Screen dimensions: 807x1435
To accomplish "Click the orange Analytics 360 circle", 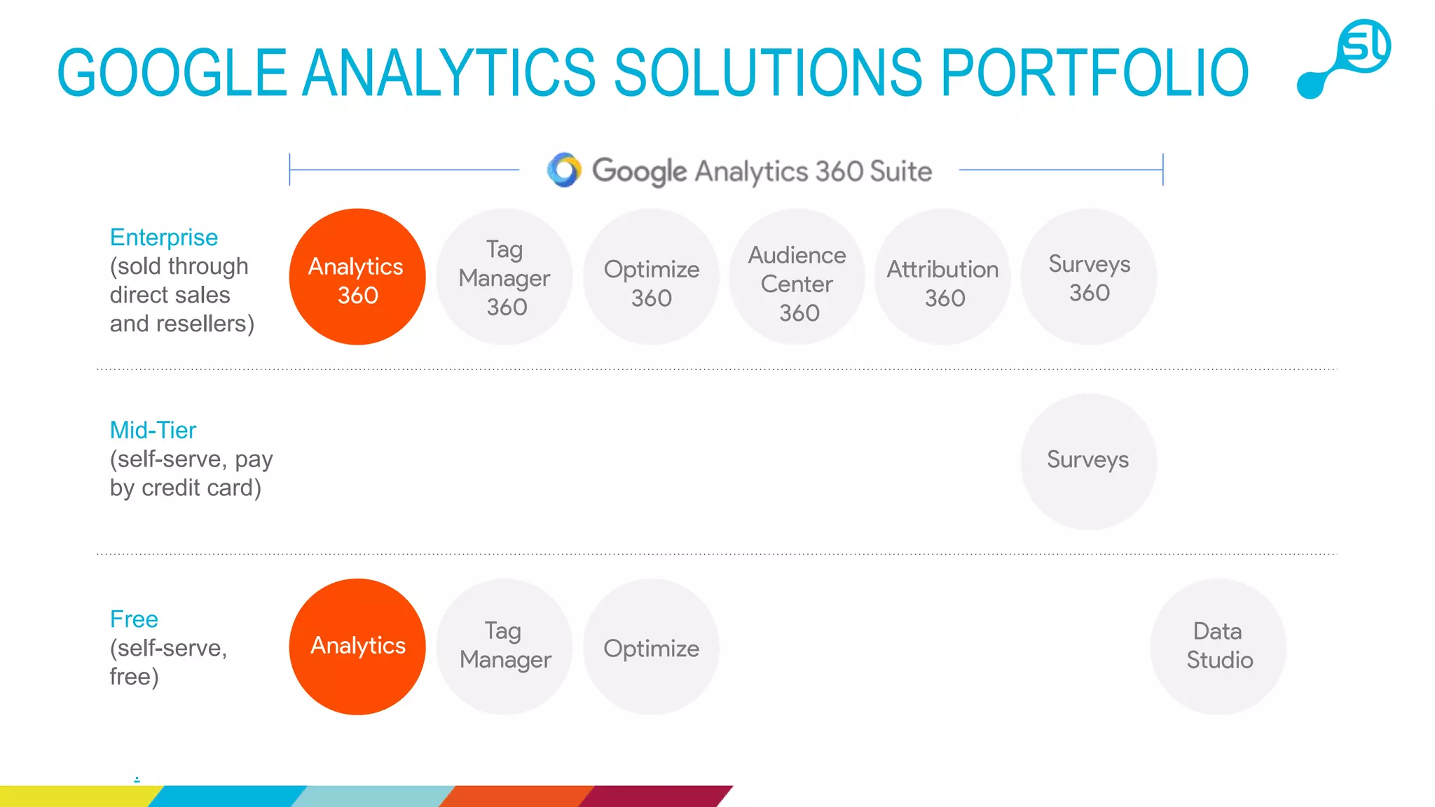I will tap(357, 277).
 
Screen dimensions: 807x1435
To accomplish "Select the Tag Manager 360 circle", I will tap(504, 277).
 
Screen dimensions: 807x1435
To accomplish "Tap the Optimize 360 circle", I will tap(651, 277).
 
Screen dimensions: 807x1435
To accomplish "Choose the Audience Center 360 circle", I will tap(797, 277).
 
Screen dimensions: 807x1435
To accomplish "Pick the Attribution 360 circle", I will tap(943, 277).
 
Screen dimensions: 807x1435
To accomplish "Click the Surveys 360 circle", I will tap(1089, 277).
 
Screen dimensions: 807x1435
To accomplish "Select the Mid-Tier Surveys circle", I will tap(1089, 462).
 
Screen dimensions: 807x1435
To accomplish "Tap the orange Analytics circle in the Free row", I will tap(357, 647).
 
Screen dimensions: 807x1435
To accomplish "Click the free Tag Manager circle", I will tap(504, 647).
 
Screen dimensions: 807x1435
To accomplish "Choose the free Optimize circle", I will tap(651, 647).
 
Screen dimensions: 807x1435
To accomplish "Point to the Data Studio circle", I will tap(1218, 647).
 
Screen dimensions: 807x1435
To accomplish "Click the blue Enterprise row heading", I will tap(164, 237).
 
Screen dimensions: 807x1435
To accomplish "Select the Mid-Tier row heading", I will tap(153, 430).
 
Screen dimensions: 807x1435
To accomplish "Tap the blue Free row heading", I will tap(134, 619).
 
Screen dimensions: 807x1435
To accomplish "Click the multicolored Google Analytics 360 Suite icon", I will tap(564, 170).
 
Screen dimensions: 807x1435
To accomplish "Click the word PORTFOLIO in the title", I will tap(1094, 73).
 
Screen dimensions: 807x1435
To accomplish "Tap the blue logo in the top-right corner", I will tap(1345, 58).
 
